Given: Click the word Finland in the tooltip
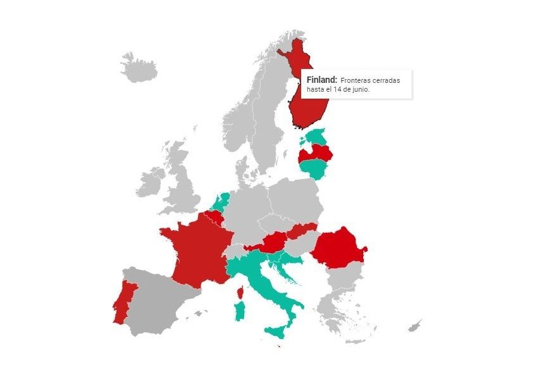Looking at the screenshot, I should [x=321, y=80].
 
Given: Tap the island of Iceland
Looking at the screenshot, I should [x=139, y=68].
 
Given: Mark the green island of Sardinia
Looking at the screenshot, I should [x=240, y=311].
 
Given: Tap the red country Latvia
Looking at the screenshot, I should [x=316, y=152].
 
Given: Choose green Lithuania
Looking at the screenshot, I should [x=313, y=168].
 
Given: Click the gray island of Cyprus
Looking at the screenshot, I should [x=414, y=326].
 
